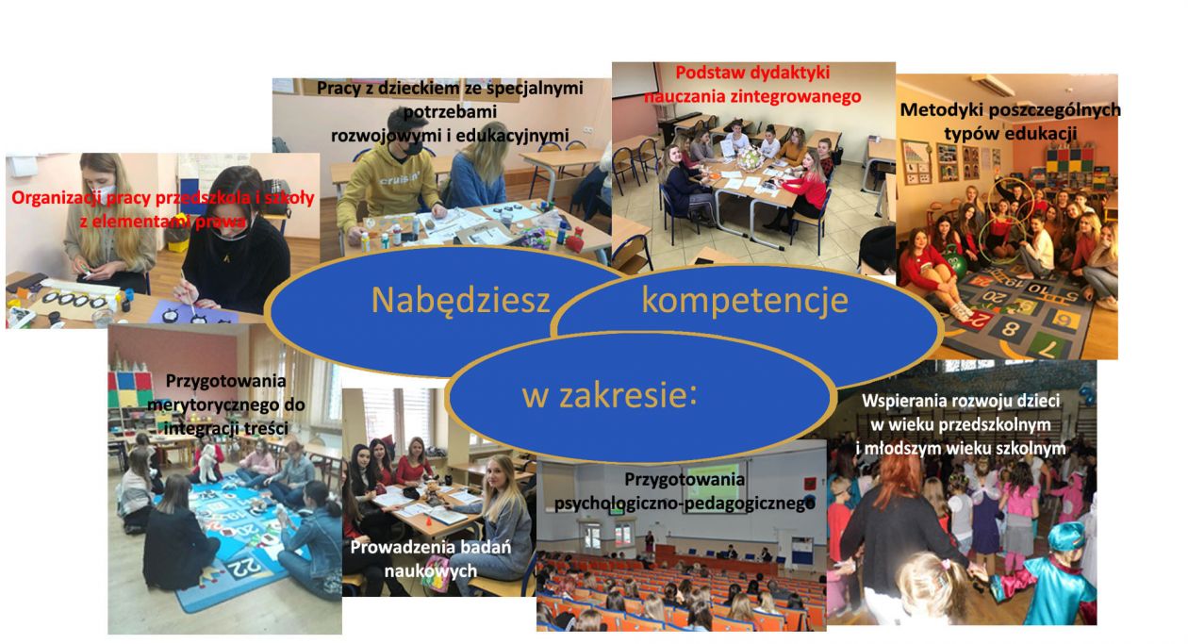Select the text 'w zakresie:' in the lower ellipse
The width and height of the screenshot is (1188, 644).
(609, 395)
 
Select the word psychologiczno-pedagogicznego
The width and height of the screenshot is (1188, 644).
(685, 504)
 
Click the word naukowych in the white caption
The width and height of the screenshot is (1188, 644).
(430, 570)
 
